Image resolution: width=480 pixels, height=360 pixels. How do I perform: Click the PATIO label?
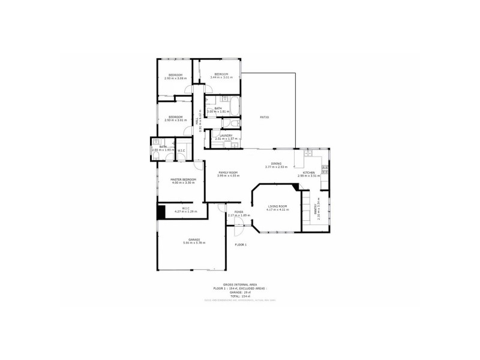263,117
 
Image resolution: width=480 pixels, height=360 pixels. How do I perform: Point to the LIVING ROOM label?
277,206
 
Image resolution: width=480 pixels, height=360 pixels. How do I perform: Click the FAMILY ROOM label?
229,172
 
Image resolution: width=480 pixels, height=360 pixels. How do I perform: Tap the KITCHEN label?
309,172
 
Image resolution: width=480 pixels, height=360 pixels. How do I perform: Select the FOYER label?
239,212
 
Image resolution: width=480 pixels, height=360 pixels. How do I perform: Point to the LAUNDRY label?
226,136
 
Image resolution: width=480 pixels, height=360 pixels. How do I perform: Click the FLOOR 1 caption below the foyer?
241,245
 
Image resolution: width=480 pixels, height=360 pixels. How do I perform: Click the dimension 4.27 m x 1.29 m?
185,212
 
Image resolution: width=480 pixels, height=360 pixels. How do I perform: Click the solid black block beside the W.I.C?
161,212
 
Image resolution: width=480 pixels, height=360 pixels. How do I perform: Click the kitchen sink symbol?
309,154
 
